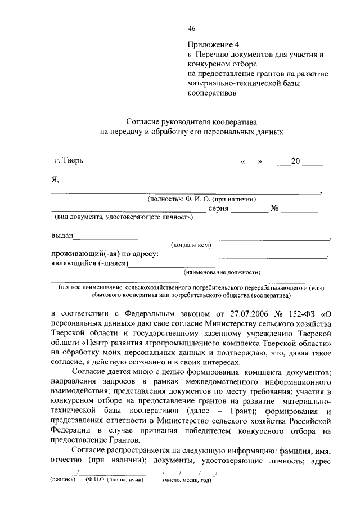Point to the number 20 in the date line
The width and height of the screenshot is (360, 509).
[295, 162]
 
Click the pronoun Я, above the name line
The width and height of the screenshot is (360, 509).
[55, 179]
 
